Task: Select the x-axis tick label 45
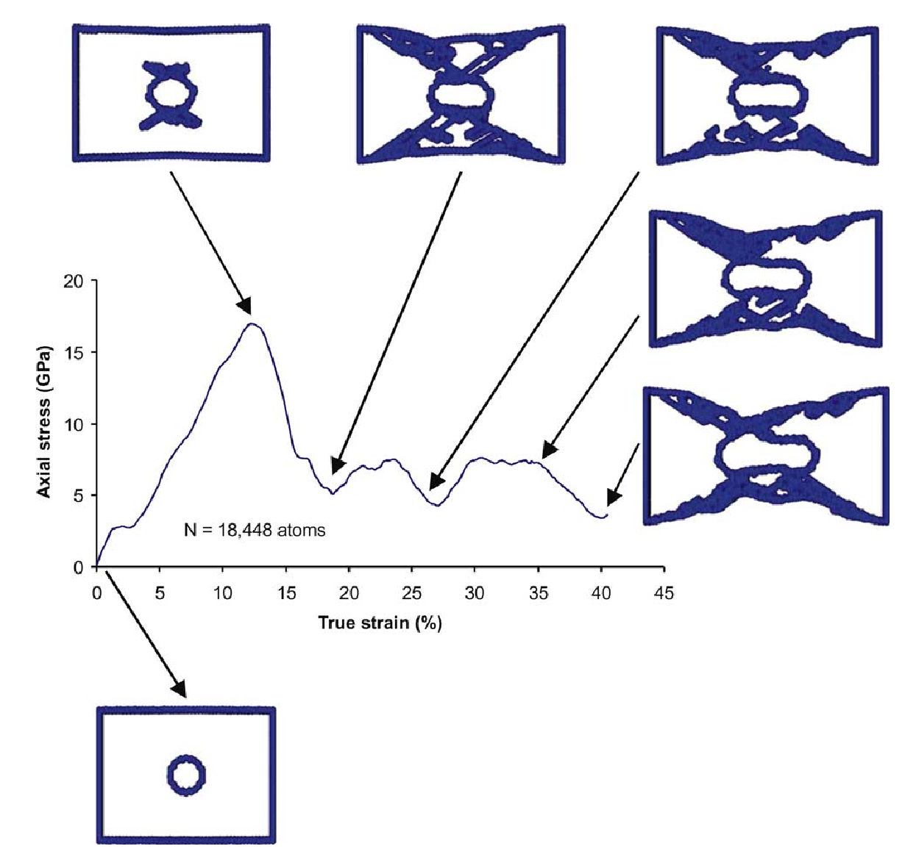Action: (664, 594)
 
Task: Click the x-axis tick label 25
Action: (412, 594)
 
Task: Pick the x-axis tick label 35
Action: (539, 594)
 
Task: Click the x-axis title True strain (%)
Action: (380, 623)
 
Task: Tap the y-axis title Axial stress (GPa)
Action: (46, 422)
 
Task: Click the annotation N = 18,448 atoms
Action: (255, 529)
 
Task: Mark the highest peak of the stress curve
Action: (252, 323)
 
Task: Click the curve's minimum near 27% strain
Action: (437, 505)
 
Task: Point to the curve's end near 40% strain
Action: (605, 516)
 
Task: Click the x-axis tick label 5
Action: (160, 594)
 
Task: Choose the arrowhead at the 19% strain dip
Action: (336, 467)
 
